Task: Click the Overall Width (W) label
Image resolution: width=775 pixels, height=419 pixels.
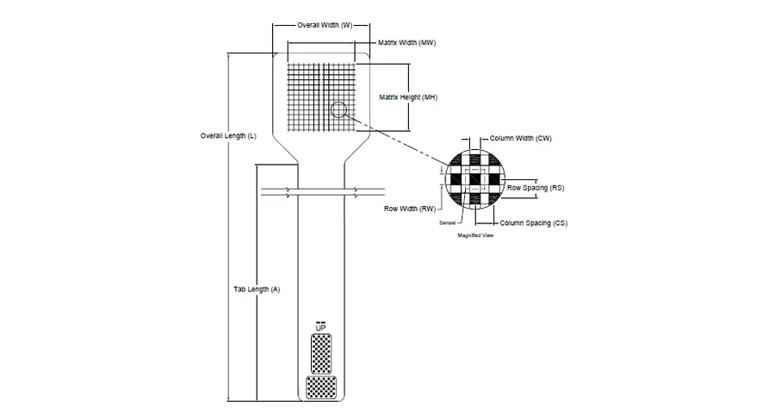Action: tap(325, 25)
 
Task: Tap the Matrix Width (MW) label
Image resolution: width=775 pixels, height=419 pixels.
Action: tap(406, 43)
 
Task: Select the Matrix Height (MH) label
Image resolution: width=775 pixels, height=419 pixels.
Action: tap(408, 97)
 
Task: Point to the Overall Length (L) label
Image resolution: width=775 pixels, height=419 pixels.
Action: tap(228, 136)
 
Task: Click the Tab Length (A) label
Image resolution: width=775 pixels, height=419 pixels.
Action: tap(257, 290)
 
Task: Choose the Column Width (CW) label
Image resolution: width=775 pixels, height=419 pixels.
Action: tap(520, 139)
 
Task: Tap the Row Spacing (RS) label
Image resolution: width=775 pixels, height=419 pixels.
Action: tap(536, 188)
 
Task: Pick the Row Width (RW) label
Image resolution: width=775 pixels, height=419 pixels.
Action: tap(410, 209)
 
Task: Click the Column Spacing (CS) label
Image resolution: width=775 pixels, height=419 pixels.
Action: tap(533, 223)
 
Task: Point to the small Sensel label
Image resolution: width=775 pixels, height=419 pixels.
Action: tap(447, 223)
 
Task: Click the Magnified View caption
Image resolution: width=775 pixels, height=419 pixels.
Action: tap(475, 235)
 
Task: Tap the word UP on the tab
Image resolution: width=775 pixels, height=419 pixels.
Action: tap(321, 328)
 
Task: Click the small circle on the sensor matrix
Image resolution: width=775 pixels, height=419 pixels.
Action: tap(338, 109)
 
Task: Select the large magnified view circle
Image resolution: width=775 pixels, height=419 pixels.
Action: tap(475, 150)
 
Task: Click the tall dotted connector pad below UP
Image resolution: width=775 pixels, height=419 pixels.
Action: tap(321, 354)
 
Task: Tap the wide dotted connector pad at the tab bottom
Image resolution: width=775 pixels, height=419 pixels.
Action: tap(321, 387)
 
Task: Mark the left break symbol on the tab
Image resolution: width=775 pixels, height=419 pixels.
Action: tap(289, 192)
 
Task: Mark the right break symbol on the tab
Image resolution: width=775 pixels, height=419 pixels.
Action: tap(356, 192)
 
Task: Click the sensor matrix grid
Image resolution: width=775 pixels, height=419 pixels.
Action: tap(321, 97)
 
